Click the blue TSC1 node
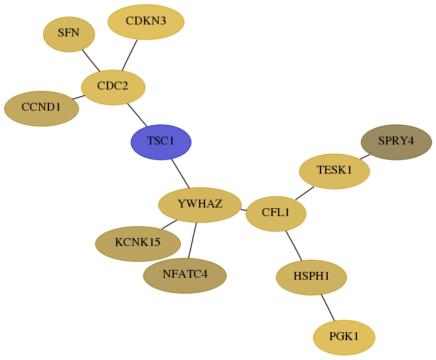[x=161, y=142]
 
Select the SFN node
[x=69, y=34]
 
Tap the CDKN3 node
[x=146, y=22]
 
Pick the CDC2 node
[x=113, y=88]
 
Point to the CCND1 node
[x=41, y=109]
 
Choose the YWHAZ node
[x=200, y=205]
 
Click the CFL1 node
[x=276, y=213]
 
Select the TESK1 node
[x=334, y=172]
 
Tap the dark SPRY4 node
[x=396, y=142]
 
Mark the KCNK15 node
[x=138, y=243]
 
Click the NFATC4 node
[x=185, y=276]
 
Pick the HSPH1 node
[x=311, y=277]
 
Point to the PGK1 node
[x=344, y=337]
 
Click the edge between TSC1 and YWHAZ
[x=181, y=173]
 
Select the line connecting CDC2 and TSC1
[x=137, y=115]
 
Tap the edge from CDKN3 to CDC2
[x=129, y=55]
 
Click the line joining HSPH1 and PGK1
[x=328, y=308]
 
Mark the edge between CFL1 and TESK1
[x=305, y=193]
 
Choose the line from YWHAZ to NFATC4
[x=192, y=240]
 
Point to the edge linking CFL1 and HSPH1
[x=294, y=245]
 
